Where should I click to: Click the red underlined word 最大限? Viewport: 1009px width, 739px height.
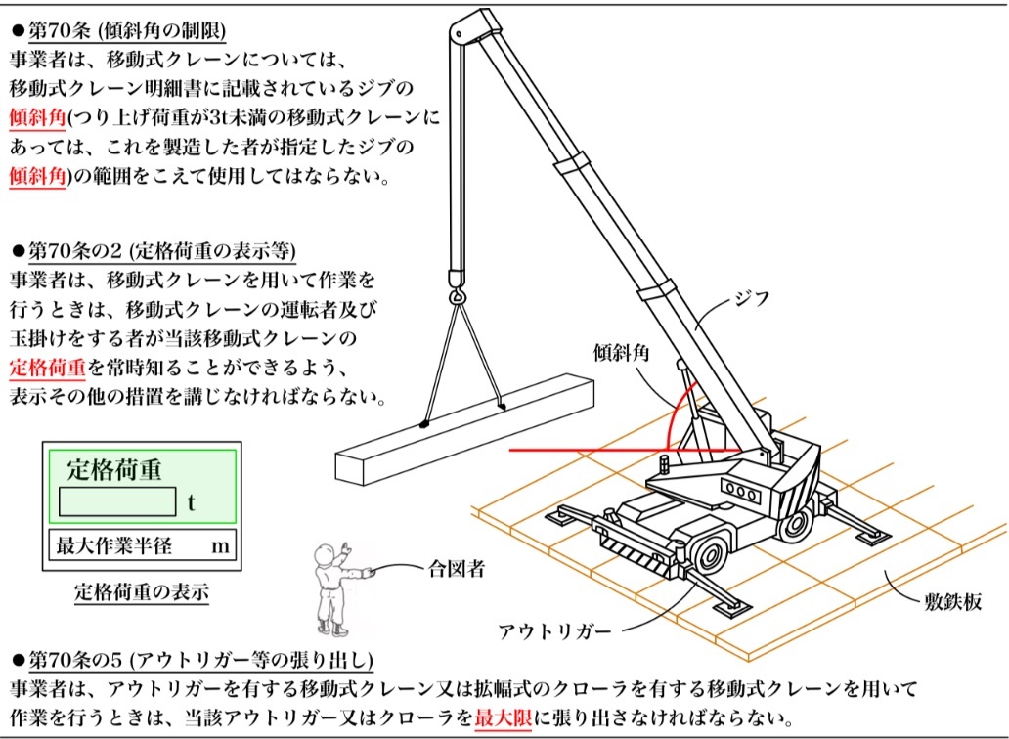click(x=504, y=717)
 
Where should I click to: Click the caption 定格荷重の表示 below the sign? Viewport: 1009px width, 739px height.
click(x=141, y=590)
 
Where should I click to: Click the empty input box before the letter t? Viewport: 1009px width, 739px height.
click(x=116, y=501)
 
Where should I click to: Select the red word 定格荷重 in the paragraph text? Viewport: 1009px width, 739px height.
click(x=49, y=369)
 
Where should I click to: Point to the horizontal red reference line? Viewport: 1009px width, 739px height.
click(x=587, y=451)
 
